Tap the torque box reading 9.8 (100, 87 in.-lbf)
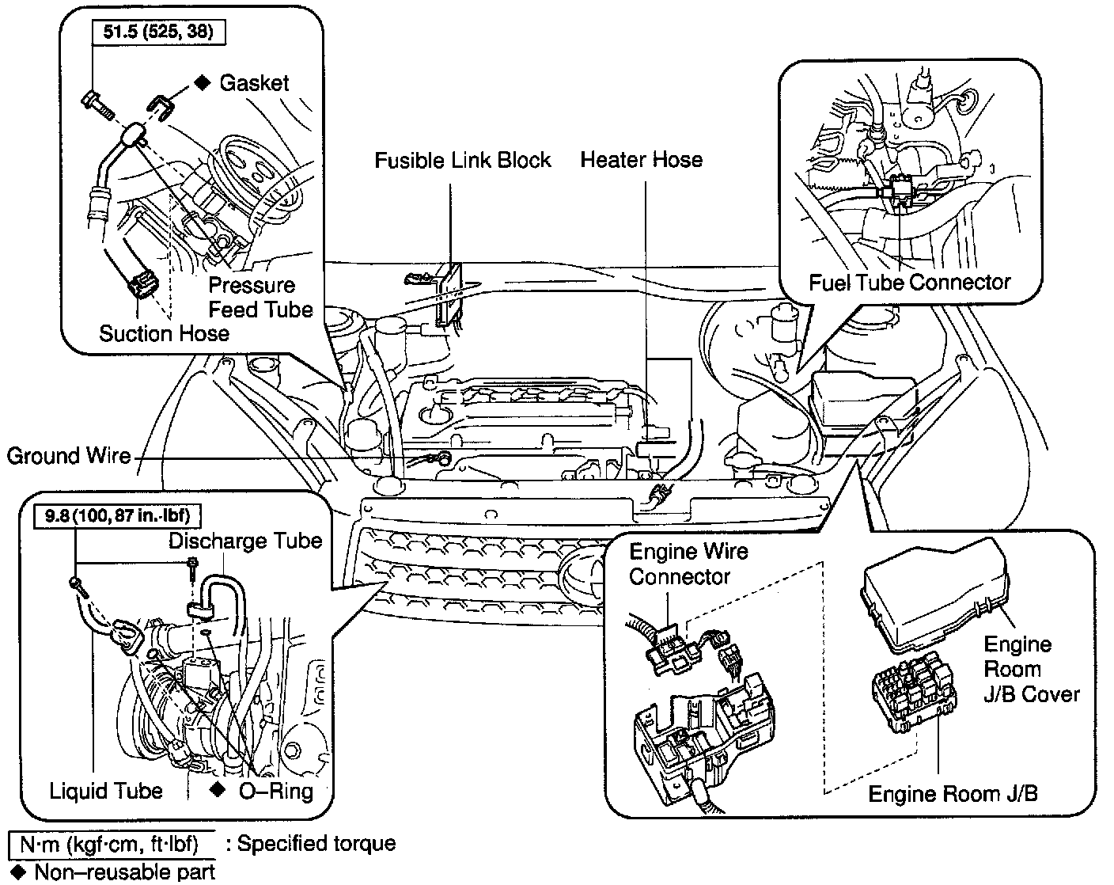(117, 516)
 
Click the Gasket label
(254, 83)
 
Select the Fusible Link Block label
(462, 160)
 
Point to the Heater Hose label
(642, 159)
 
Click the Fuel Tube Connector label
(910, 283)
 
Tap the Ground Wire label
(68, 456)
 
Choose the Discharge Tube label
(245, 541)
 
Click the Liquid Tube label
(105, 791)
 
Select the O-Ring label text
(276, 792)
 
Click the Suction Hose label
(164, 333)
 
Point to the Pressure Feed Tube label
(260, 298)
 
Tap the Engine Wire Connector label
(688, 564)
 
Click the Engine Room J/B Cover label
(1031, 670)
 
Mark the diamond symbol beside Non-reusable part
(18, 872)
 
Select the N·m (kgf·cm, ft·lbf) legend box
(112, 845)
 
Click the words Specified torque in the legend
(316, 844)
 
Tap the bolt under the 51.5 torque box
(98, 105)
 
